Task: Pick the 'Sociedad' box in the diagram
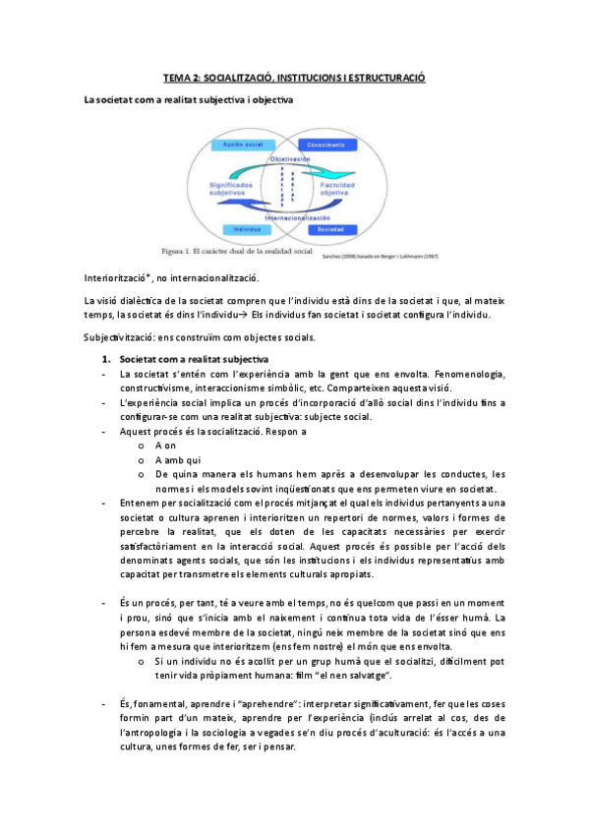(331, 229)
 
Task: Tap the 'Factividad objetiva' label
(345, 187)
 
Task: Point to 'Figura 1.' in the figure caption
(185, 251)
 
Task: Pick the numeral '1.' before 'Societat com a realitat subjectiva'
(108, 358)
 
